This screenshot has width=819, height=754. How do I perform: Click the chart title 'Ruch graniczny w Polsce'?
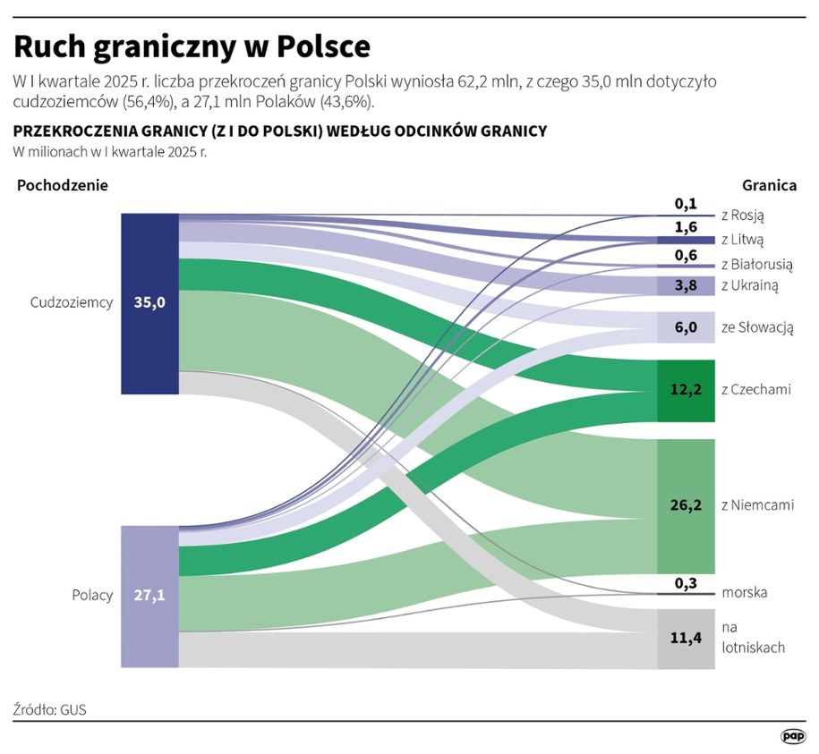(x=192, y=46)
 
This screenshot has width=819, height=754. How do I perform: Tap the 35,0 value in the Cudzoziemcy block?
(x=150, y=302)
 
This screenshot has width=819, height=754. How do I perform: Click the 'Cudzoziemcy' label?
(x=72, y=302)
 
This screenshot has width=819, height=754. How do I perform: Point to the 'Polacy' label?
(x=92, y=595)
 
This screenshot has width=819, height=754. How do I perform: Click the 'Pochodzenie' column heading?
(x=62, y=185)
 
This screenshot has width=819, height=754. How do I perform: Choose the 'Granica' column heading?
(x=769, y=185)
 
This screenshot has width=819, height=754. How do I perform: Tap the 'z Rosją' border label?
(x=742, y=216)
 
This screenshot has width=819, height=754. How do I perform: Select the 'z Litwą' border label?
(x=742, y=240)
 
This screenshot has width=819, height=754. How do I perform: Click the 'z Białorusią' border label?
(x=756, y=265)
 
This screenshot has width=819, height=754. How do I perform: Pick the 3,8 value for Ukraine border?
(x=686, y=286)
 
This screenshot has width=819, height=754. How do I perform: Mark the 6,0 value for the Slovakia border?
(x=686, y=327)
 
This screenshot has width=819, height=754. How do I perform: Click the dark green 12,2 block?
(x=686, y=390)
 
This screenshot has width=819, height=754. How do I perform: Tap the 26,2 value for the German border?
(x=686, y=505)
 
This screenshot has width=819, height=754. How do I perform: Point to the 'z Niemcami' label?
(x=757, y=505)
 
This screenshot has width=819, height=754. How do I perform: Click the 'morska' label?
(x=744, y=592)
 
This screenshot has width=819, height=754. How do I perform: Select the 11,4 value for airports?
(x=686, y=639)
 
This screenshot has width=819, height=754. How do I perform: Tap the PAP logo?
(x=793, y=735)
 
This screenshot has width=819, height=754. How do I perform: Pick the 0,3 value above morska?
(x=686, y=582)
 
